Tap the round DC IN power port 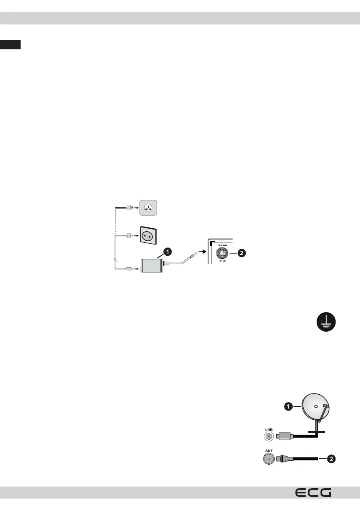pyautogui.click(x=222, y=253)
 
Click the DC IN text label pyautogui.click(x=222, y=262)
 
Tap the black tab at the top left pyautogui.click(x=10, y=45)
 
